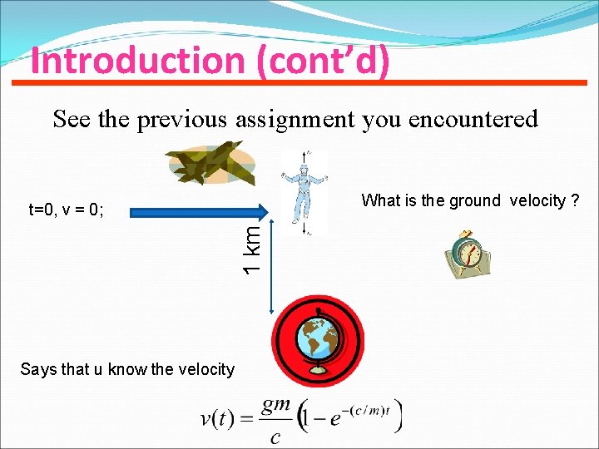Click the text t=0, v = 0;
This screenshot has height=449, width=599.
click(x=66, y=210)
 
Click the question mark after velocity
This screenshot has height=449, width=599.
click(x=574, y=200)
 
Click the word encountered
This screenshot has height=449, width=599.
click(x=482, y=120)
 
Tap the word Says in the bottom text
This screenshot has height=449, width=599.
click(x=37, y=369)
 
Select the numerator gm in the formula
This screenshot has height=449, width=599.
click(x=276, y=404)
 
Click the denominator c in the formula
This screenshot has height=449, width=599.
click(x=275, y=436)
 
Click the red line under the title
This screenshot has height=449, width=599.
click(x=299, y=82)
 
